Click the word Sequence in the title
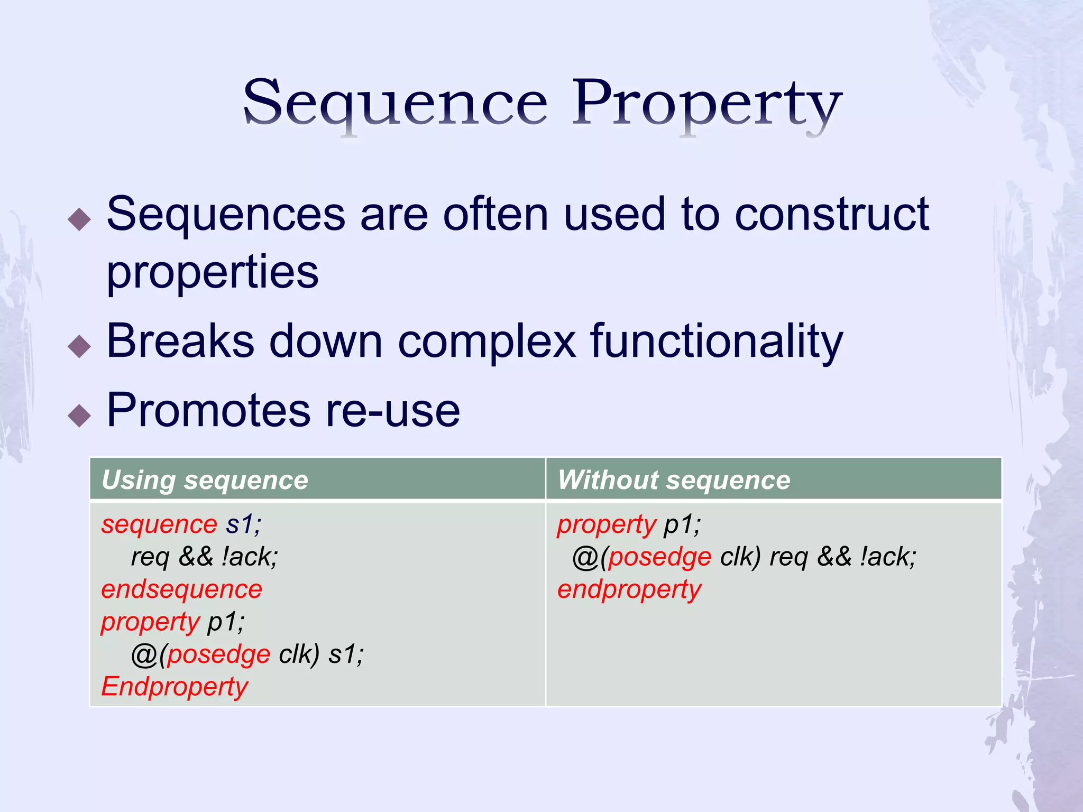coord(395,103)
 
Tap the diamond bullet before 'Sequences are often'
coord(80,219)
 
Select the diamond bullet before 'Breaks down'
coord(80,346)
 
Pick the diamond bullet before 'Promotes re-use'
coord(80,415)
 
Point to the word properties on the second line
coord(213,272)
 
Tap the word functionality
coord(717,342)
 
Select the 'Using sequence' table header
coord(205,480)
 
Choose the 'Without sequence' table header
coord(674,480)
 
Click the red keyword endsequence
coord(181,589)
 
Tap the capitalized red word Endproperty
coord(175,686)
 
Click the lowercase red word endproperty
coord(629,589)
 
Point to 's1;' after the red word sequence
coord(243,524)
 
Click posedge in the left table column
coord(219,654)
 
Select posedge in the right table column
coord(659,557)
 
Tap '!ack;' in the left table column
coord(250,557)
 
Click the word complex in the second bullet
coord(487,342)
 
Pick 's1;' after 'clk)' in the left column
coord(346,654)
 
